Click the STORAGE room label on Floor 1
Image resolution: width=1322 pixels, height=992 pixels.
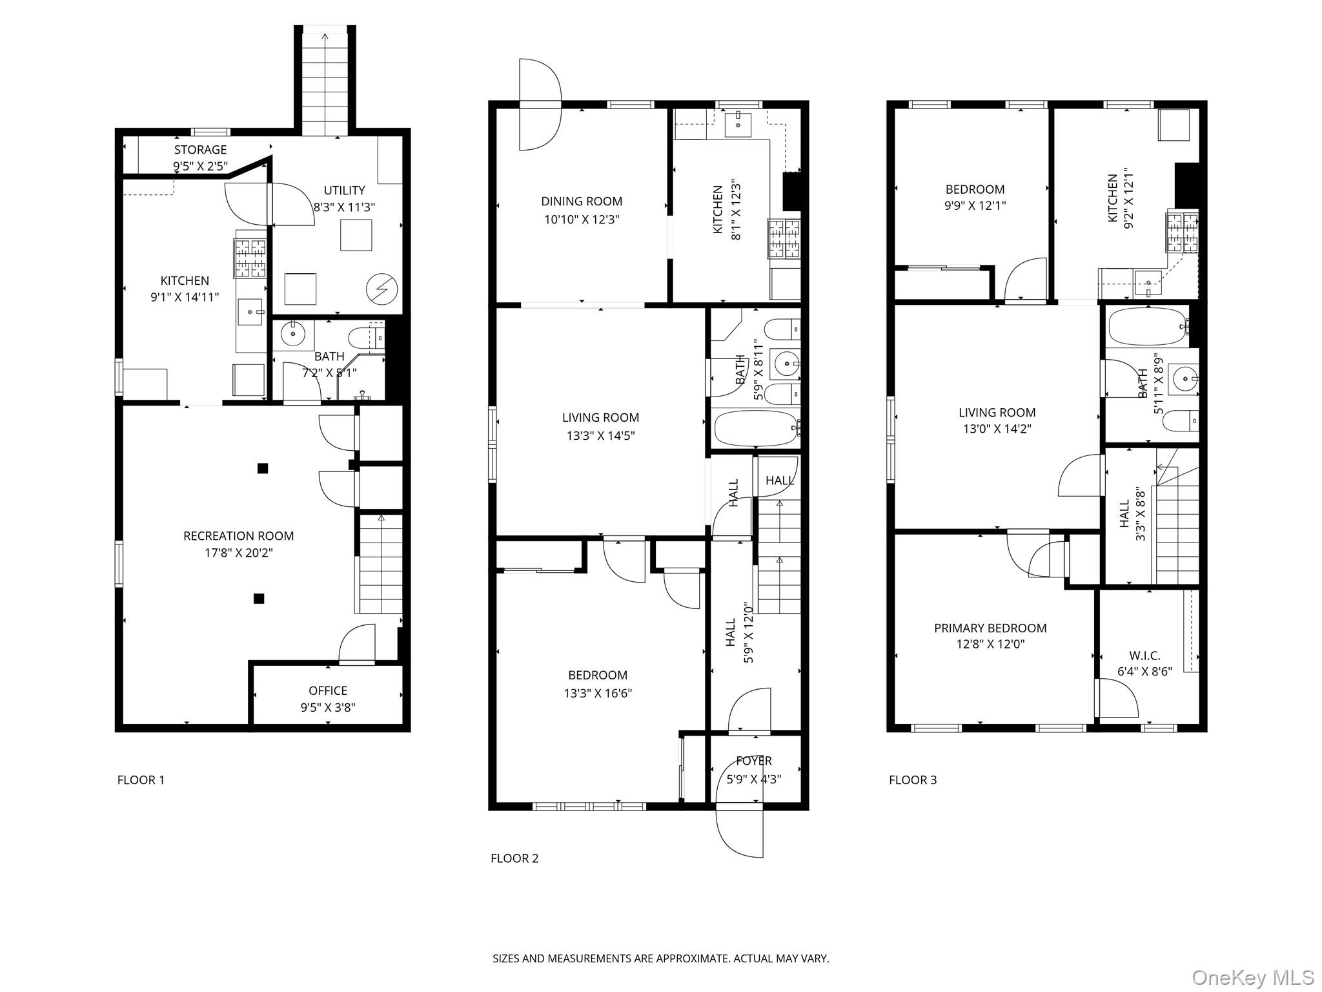coord(200,150)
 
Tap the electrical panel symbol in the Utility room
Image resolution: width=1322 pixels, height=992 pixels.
coord(378,289)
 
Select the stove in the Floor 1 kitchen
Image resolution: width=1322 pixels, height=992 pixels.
coord(250,258)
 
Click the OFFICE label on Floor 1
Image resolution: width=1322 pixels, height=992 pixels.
coord(328,690)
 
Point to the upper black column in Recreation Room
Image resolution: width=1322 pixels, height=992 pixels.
coord(262,468)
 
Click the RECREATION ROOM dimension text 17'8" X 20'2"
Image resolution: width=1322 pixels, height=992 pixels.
coord(238,553)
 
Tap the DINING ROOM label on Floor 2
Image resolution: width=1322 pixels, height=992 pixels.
coord(582,201)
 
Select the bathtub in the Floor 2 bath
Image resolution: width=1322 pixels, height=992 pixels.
coord(756,428)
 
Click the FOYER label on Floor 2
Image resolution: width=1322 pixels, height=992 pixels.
coord(753,761)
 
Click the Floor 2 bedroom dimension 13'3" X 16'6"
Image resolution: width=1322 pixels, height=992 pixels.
coord(598,694)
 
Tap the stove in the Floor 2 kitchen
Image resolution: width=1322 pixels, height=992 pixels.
coord(784,239)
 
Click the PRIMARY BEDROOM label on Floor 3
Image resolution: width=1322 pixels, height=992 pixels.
coord(990,628)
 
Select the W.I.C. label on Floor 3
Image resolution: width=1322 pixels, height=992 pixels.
coord(1144,656)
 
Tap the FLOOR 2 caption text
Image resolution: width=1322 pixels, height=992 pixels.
coord(514,858)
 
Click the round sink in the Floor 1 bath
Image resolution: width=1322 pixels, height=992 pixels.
coord(294,335)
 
